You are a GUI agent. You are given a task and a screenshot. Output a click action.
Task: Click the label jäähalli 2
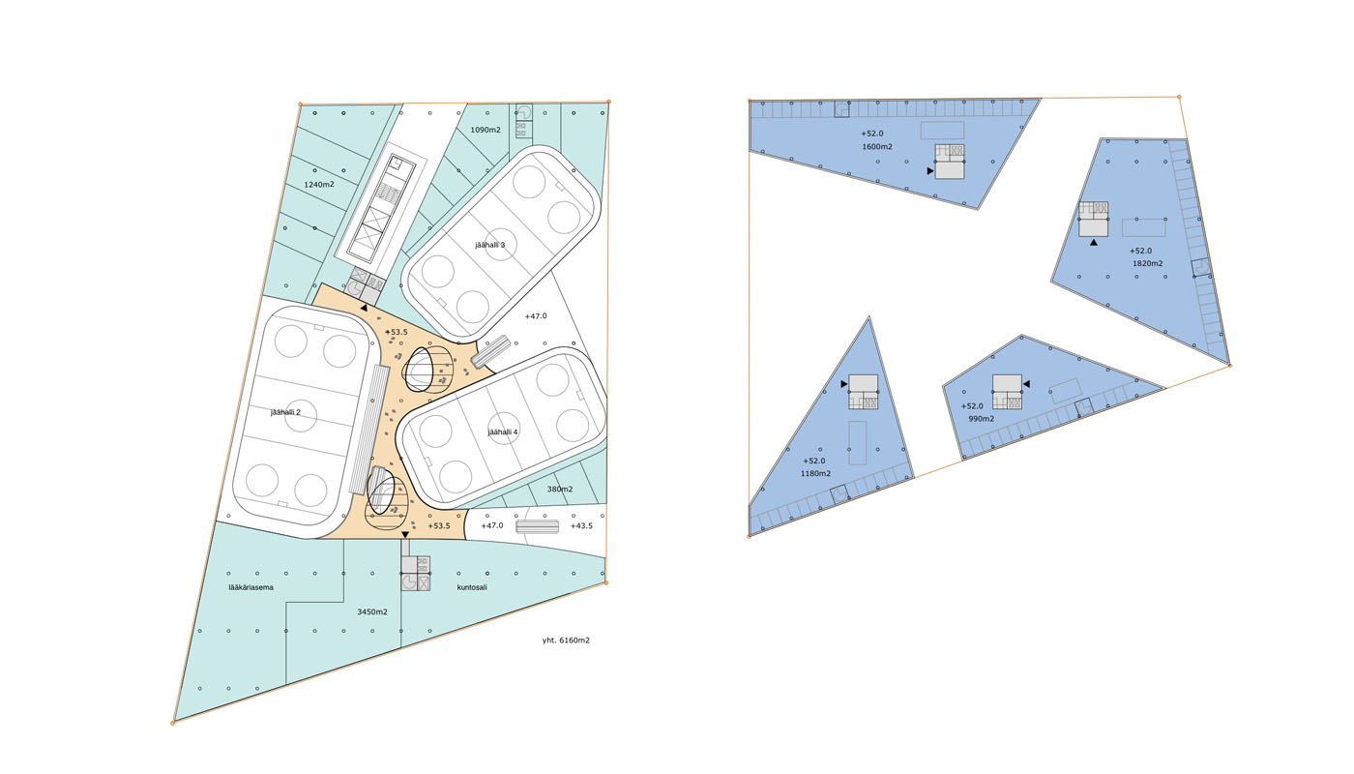pos(285,412)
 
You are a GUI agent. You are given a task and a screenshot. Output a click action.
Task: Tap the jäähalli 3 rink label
pos(489,245)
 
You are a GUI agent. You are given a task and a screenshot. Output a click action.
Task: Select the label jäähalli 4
pos(502,432)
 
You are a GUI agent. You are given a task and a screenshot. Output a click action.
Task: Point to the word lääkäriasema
pos(250,587)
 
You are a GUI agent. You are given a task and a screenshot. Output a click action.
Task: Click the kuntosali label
pos(472,587)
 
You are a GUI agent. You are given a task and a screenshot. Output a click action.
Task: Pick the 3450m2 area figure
pos(372,611)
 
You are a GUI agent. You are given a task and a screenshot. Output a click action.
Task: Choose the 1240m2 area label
pos(318,185)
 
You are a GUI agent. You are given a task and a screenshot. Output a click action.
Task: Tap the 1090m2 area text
pos(486,130)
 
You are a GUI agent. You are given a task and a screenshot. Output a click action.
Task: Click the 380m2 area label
pos(560,490)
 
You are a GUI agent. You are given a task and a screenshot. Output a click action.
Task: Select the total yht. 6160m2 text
pos(566,640)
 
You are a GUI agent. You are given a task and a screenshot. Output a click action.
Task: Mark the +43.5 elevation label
pos(581,526)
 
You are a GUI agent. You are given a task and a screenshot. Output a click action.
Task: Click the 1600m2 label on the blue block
pos(877,147)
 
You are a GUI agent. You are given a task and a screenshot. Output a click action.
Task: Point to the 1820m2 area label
pos(1148,263)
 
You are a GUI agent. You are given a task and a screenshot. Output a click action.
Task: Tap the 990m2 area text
pos(981,419)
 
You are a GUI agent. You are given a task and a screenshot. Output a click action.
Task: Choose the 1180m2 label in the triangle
pos(816,473)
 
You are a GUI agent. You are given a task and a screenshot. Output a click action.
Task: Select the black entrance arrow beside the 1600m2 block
pos(930,171)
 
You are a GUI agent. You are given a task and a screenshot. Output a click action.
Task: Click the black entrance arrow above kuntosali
pos(405,535)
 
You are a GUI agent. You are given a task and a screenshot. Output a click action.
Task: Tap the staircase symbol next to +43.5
pos(538,526)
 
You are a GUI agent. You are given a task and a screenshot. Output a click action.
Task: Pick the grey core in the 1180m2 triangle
pos(863,392)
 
